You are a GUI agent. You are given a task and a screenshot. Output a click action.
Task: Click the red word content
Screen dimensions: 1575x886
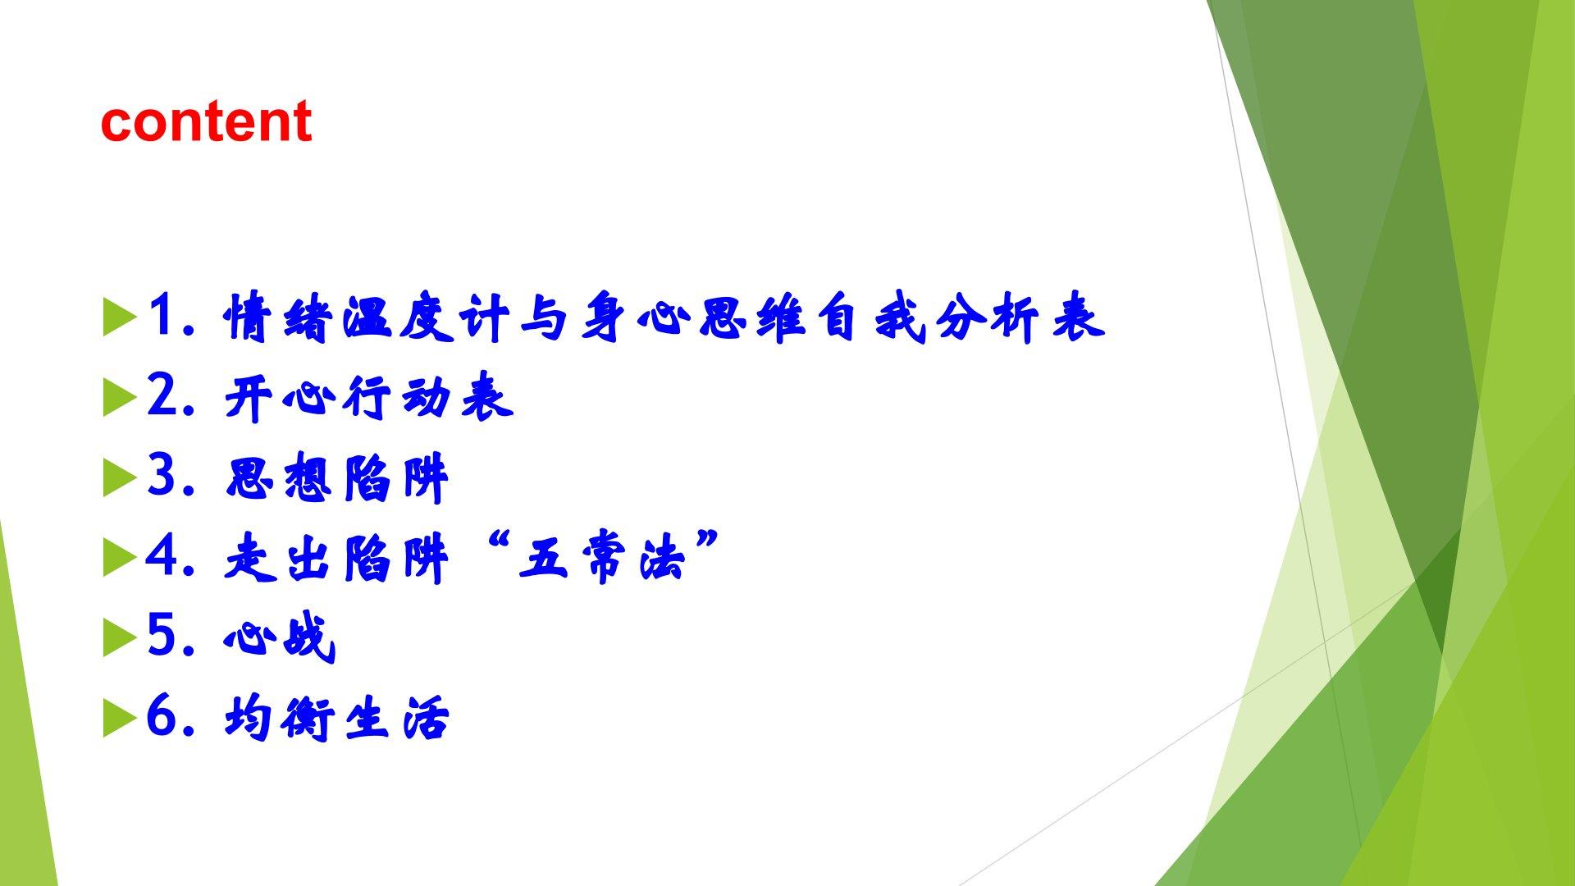point(206,121)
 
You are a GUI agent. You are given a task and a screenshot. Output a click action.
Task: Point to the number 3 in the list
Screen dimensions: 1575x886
point(164,475)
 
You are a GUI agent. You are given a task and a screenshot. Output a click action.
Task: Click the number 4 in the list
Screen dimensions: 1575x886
point(164,555)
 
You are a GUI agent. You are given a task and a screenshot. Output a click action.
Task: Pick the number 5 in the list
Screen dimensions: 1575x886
point(164,635)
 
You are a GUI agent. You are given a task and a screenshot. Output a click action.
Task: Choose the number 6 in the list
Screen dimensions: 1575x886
point(164,715)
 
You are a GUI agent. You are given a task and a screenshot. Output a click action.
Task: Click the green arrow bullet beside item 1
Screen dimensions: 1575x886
point(120,319)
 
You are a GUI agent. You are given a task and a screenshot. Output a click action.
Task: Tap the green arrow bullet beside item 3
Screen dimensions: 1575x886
point(120,479)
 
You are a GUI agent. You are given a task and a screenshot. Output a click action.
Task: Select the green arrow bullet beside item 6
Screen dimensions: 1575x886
point(120,719)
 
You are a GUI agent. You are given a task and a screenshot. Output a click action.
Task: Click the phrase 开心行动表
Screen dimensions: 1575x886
point(369,400)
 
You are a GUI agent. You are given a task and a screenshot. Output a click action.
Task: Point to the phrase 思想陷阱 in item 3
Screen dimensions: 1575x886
point(337,478)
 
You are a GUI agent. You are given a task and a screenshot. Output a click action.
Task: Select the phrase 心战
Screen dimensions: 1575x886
point(280,637)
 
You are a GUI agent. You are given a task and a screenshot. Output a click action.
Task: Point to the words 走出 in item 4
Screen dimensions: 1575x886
point(280,559)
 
